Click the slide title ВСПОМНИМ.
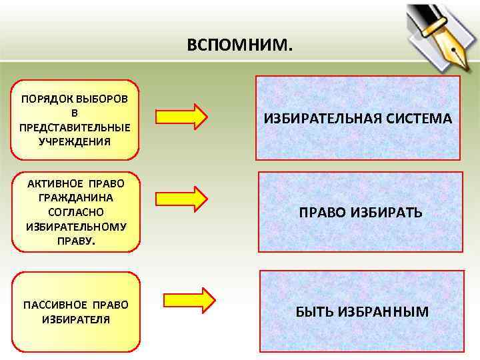tap(239, 45)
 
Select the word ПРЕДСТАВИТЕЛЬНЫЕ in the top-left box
tap(75, 127)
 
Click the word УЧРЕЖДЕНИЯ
tap(75, 141)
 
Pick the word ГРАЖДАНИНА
tap(75, 198)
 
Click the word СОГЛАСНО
tap(75, 212)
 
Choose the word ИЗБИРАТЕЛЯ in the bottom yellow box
tap(75, 319)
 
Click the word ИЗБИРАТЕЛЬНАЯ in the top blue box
tap(320, 119)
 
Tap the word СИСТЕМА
tap(417, 119)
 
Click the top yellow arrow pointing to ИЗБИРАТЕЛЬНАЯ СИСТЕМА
tap(181, 115)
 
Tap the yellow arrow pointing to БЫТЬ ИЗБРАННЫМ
tap(188, 299)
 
